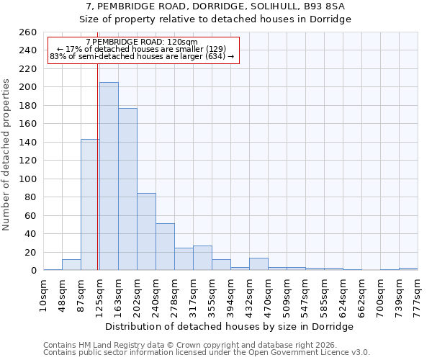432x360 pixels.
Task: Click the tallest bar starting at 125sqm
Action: coord(109,176)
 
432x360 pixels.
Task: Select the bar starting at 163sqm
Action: coord(127,189)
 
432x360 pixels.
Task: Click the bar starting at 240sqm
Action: coord(165,247)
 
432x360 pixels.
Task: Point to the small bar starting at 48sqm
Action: coord(71,265)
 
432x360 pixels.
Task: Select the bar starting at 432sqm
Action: coord(258,264)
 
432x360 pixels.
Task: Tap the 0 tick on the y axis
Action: coord(33,271)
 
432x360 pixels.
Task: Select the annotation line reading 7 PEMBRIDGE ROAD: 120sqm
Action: coord(141,42)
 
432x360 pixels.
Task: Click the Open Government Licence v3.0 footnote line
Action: coord(207,353)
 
